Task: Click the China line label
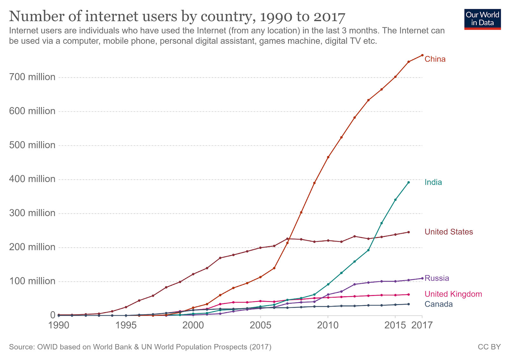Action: [x=435, y=59]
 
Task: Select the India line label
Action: [x=433, y=182]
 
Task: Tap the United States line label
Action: [x=448, y=232]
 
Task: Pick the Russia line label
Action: [x=437, y=278]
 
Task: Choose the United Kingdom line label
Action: [x=453, y=294]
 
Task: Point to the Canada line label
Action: [x=438, y=304]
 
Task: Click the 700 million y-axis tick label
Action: [x=32, y=77]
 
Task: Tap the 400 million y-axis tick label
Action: [x=32, y=179]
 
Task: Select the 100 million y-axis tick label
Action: [x=32, y=281]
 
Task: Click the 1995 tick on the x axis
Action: [x=126, y=325]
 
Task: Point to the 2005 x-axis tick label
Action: [x=260, y=325]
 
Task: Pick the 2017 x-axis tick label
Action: [x=422, y=325]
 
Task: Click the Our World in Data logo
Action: [x=482, y=19]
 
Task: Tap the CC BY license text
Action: [x=489, y=347]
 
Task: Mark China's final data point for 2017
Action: [x=422, y=55]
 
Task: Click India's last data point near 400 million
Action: [x=409, y=182]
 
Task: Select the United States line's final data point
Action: [x=409, y=232]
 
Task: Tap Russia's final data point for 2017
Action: [x=422, y=278]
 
